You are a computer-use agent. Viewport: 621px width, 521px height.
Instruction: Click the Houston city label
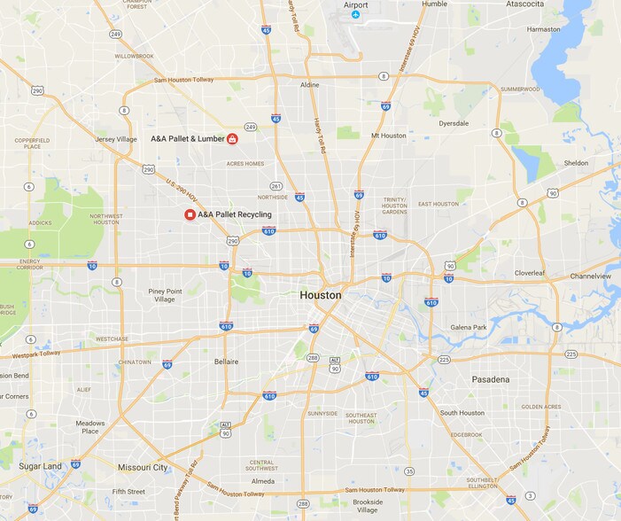[x=321, y=295]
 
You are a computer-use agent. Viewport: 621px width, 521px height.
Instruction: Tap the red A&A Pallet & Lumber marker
[x=232, y=138]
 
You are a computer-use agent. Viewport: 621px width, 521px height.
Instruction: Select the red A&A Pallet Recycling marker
[x=190, y=214]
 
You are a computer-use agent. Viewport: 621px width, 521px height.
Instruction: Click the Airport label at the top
[x=355, y=4]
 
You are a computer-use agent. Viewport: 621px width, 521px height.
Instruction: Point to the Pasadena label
[x=490, y=379]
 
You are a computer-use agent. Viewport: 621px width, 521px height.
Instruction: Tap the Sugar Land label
[x=41, y=466]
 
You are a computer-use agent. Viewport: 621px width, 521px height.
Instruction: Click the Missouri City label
[x=143, y=467]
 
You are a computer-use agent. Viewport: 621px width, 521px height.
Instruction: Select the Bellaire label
[x=227, y=362]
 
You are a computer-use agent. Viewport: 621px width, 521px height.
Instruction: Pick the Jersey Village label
[x=116, y=139]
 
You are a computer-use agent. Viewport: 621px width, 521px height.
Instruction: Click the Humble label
[x=435, y=4]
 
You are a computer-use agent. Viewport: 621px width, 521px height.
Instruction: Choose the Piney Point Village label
[x=166, y=295]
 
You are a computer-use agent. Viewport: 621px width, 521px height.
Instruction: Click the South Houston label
[x=462, y=413]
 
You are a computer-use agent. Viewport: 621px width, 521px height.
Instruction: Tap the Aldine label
[x=309, y=85]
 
